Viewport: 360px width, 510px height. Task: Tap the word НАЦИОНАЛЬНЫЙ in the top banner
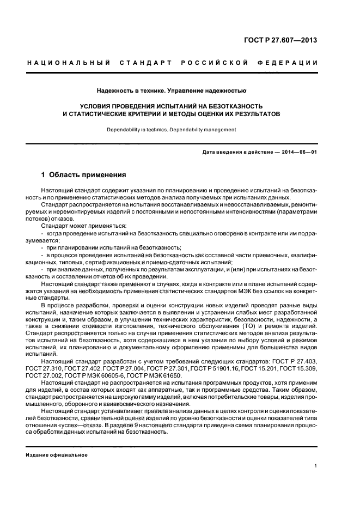click(x=64, y=63)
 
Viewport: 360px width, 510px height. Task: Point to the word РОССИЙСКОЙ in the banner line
click(x=220, y=63)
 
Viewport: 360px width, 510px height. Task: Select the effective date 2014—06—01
click(x=297, y=152)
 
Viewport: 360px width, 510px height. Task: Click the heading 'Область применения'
click(x=88, y=175)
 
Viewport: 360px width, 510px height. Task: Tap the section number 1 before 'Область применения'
click(x=44, y=175)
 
